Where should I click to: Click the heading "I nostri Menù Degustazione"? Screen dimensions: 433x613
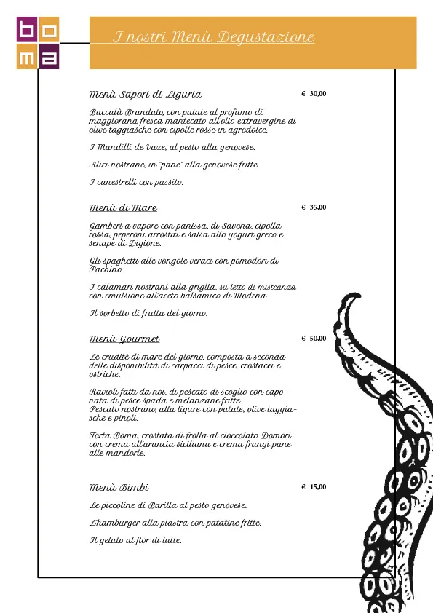tap(214, 38)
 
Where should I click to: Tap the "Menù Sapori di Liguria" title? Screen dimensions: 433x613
tap(145, 95)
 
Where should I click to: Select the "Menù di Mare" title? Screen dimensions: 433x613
tap(122, 208)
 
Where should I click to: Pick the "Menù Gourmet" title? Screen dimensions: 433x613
tap(124, 339)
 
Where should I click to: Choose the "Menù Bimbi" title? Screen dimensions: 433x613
tap(119, 487)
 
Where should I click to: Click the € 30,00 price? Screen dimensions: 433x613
tap(314, 94)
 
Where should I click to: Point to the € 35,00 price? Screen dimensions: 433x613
tap(314, 207)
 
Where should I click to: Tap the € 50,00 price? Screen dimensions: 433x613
tap(314, 339)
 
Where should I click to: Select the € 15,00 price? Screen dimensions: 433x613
tap(314, 487)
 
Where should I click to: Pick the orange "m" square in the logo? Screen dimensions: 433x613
tap(27, 58)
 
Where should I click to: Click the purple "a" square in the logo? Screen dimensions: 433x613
tap(49, 58)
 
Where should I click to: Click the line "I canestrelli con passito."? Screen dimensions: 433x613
tap(136, 182)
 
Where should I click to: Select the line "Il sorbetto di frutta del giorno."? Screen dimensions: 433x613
tap(148, 313)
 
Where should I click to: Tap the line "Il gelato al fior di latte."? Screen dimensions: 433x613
tap(135, 540)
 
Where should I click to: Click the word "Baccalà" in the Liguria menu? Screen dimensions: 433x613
tap(105, 113)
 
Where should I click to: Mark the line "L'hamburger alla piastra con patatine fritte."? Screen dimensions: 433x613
tap(175, 523)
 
